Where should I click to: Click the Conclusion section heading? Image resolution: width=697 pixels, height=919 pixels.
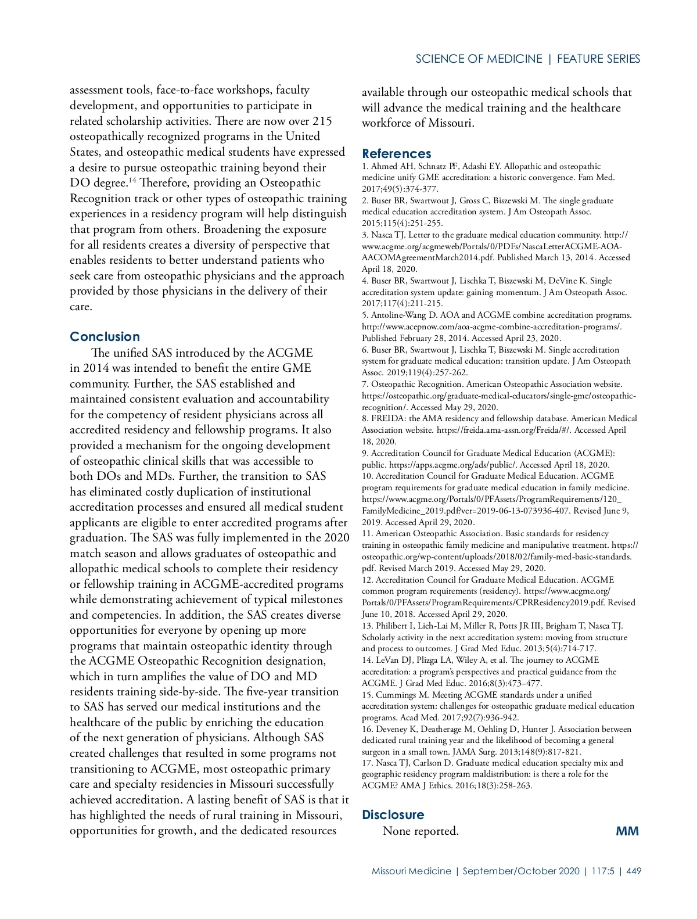pos(105,337)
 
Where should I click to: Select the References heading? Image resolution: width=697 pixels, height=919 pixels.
pos(396,154)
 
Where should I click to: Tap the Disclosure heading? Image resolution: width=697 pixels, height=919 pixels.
pos(393,815)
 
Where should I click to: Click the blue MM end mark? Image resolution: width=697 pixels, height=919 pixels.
pos(627,831)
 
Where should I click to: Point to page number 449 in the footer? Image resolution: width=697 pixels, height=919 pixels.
pos(634,871)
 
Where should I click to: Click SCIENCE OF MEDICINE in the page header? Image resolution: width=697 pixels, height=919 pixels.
pos(479,59)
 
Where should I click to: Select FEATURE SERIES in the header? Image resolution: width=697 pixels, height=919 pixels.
pos(598,59)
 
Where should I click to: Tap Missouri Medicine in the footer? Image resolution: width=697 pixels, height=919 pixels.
pos(411,871)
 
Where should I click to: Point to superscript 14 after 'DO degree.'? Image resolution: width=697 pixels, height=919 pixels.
pos(132,180)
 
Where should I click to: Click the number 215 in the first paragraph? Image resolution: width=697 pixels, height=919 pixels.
pos(322,121)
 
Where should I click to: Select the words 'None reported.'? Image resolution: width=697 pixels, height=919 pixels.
pos(421,831)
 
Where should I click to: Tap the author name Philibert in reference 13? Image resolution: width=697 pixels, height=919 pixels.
pos(393,626)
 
